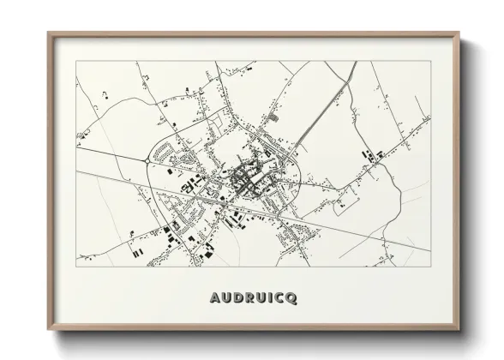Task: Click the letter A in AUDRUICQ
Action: (214, 297)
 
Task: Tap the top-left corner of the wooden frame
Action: (49, 33)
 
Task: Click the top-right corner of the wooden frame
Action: (461, 33)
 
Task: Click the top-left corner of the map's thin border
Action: (76, 61)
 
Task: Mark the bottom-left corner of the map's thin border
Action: (76, 267)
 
